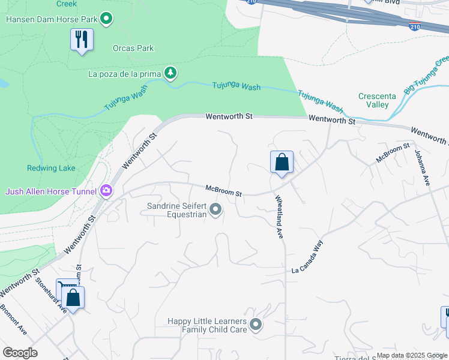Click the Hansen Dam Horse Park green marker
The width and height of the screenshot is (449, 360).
click(106, 20)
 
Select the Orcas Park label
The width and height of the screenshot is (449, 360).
click(133, 49)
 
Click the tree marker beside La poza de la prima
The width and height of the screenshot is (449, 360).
click(171, 73)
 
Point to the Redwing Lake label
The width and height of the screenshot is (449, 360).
click(51, 168)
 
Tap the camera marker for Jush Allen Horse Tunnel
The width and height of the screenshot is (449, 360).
click(106, 191)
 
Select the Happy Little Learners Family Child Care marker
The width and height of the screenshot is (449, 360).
click(256, 325)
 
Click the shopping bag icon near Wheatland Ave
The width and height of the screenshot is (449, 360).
click(281, 162)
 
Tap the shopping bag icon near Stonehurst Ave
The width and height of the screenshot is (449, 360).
click(73, 298)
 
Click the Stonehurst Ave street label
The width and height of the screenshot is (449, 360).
click(50, 295)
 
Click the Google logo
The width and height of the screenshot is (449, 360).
click(20, 353)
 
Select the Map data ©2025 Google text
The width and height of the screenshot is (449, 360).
click(411, 355)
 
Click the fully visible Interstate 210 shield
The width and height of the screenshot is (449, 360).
click(415, 26)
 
